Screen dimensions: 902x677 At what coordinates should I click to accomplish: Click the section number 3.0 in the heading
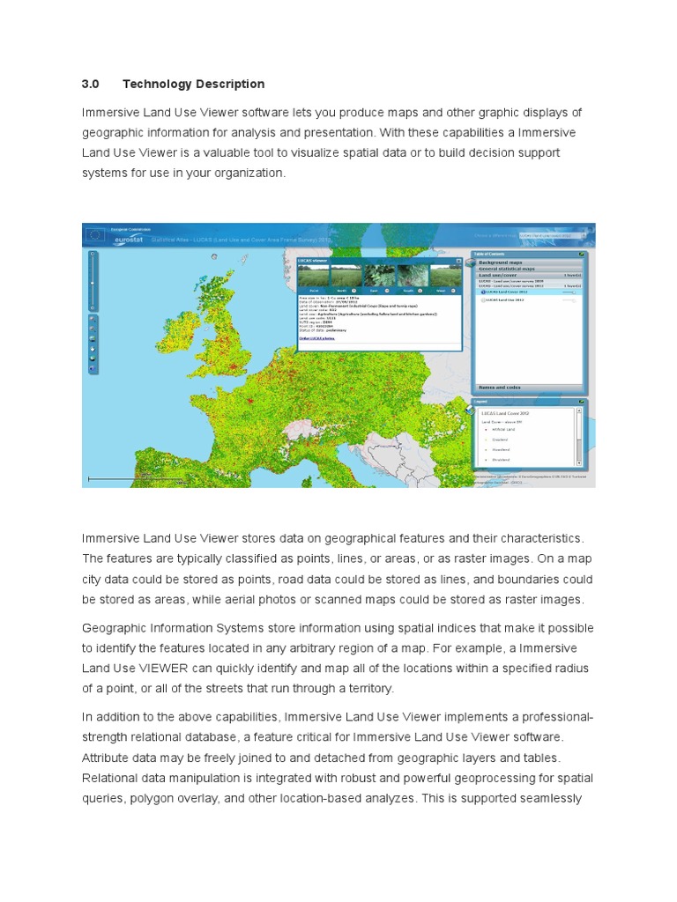89,85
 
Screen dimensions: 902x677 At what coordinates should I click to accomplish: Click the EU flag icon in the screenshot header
94,234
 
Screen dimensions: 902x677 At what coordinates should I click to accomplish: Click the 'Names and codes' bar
499,387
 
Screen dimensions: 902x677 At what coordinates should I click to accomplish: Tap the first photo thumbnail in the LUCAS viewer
314,277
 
